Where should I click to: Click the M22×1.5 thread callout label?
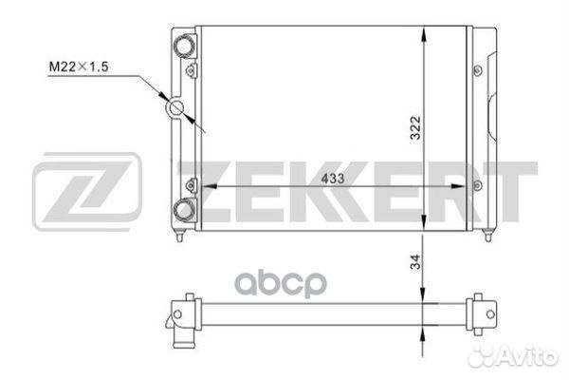79,66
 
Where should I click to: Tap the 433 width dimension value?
333,179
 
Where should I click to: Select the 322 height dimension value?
415,127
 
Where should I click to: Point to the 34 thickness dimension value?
415,261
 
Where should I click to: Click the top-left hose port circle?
184,46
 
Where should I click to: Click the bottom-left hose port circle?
184,210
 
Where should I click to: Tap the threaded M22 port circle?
177,107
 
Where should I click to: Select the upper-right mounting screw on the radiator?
478,70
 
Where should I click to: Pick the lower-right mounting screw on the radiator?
478,185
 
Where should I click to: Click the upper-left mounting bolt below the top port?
191,70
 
